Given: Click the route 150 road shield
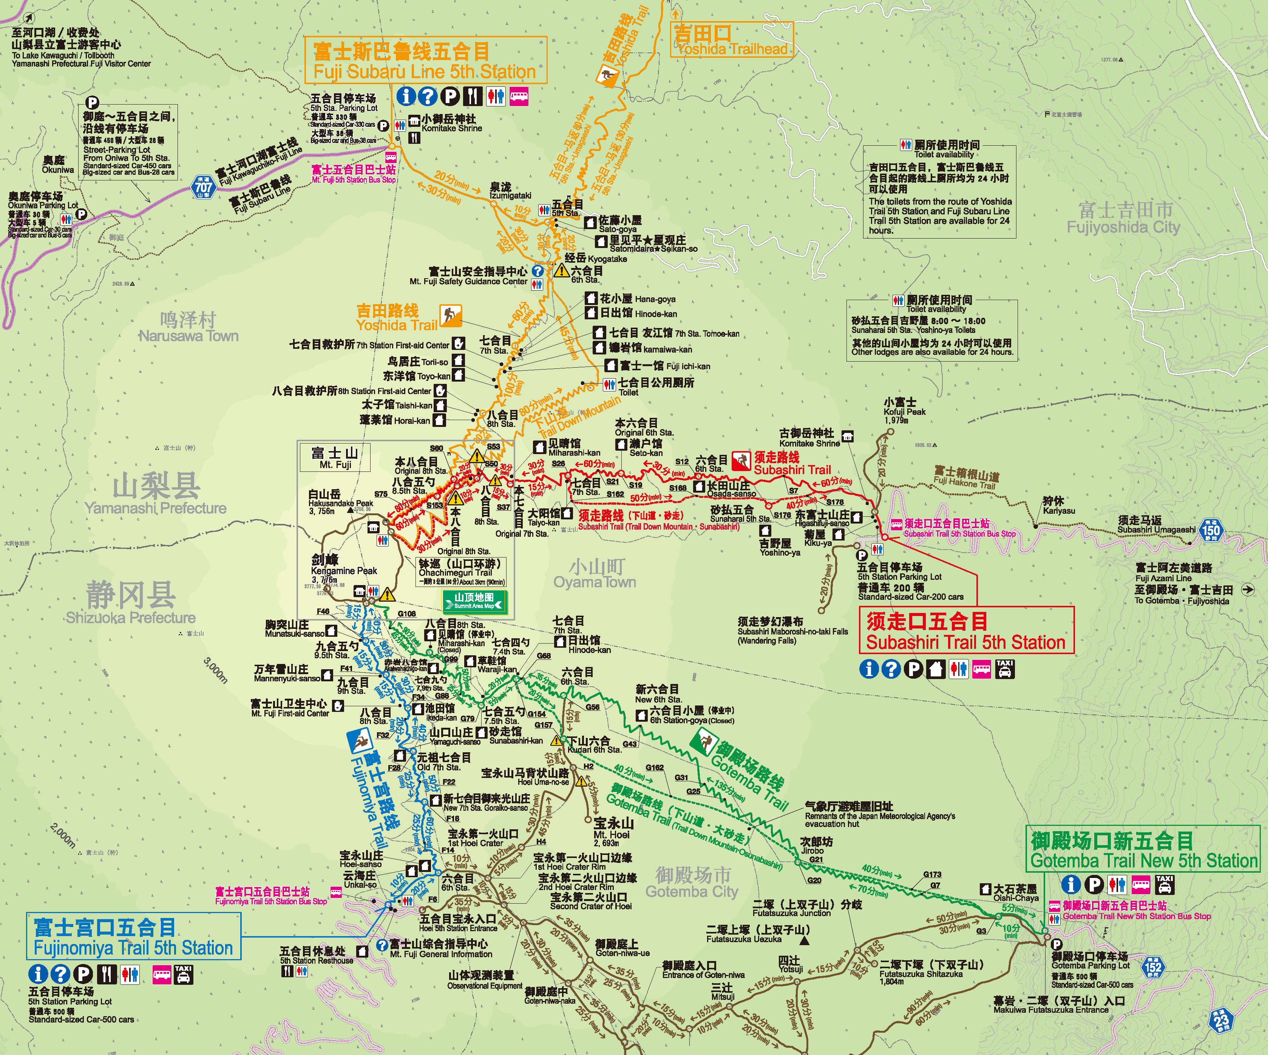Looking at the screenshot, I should pos(1210,530).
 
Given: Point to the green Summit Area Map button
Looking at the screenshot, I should pos(474,601).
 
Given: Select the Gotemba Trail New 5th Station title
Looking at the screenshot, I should pos(1143,850).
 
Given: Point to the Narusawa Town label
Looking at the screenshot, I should pos(188,328).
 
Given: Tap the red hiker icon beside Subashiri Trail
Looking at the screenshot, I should pos(741,461).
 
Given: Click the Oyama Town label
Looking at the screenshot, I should pos(595,574).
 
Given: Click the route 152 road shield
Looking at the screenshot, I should pos(1153,967).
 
